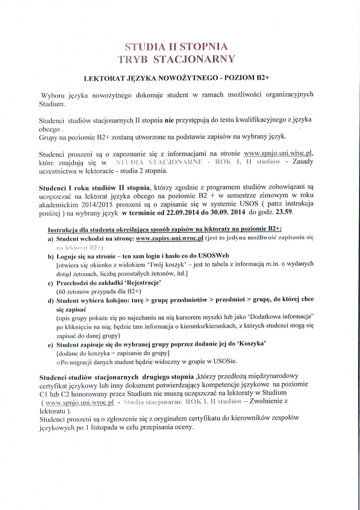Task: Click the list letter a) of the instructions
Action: (51, 239)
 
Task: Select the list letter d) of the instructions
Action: (51, 300)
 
